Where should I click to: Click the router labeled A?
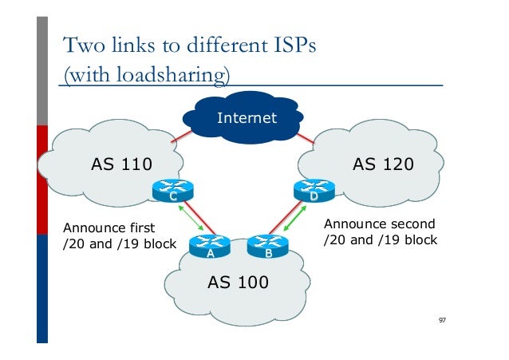(210, 248)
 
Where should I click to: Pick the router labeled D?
(314, 191)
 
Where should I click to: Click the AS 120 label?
(383, 165)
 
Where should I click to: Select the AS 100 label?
(238, 282)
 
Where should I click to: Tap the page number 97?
(442, 320)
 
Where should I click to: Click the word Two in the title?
(79, 45)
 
